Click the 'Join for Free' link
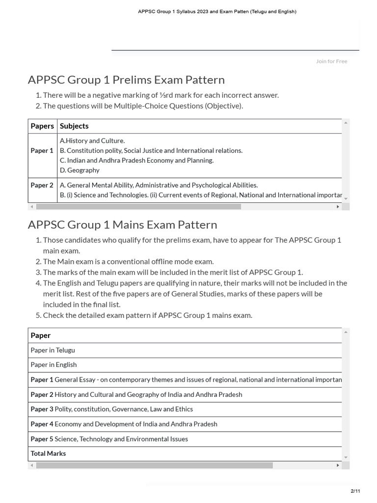coord(331,61)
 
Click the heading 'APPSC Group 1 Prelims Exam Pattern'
coord(126,80)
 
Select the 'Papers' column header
coord(42,126)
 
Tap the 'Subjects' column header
coord(74,126)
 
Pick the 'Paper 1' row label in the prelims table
coord(42,151)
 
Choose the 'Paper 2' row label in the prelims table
coord(42,185)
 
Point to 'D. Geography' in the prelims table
coord(80,170)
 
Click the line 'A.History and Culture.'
coord(92,141)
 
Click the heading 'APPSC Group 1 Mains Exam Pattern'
coord(122,224)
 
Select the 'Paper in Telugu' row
coord(53,350)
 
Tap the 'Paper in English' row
coord(54,365)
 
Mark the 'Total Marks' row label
coord(48,453)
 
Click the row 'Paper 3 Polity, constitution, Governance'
coord(111,409)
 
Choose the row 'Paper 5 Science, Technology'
coord(109,439)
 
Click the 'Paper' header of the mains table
coord(41,335)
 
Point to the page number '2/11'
coord(355,491)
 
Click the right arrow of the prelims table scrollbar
coord(338,207)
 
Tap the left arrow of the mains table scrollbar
coord(32,465)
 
